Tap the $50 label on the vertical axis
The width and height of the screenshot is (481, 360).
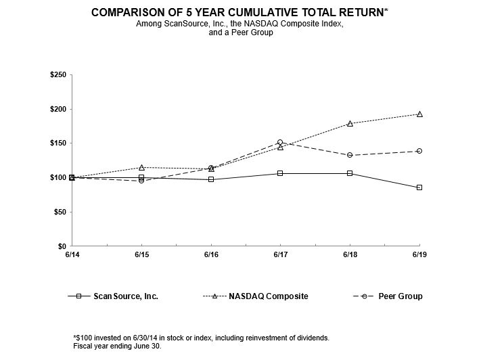(x=59, y=212)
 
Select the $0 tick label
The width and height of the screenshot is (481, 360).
(x=62, y=246)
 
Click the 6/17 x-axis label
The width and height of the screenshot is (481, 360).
(x=280, y=255)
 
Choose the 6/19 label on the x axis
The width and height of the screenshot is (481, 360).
(x=419, y=255)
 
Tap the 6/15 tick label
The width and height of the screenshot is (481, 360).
(x=141, y=255)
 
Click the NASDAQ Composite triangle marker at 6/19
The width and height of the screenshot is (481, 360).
(x=419, y=114)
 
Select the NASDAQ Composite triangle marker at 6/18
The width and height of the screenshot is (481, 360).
(x=350, y=123)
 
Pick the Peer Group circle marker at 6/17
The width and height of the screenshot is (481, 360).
(x=280, y=143)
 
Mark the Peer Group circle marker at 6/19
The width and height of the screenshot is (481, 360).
(x=419, y=151)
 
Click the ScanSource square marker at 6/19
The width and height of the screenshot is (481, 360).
(x=419, y=187)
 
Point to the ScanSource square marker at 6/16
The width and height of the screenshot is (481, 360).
(x=211, y=179)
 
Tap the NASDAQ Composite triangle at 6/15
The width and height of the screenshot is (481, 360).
(x=141, y=167)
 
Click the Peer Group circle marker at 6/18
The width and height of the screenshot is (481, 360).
(x=350, y=155)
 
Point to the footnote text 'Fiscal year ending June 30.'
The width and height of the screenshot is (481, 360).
(x=117, y=345)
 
